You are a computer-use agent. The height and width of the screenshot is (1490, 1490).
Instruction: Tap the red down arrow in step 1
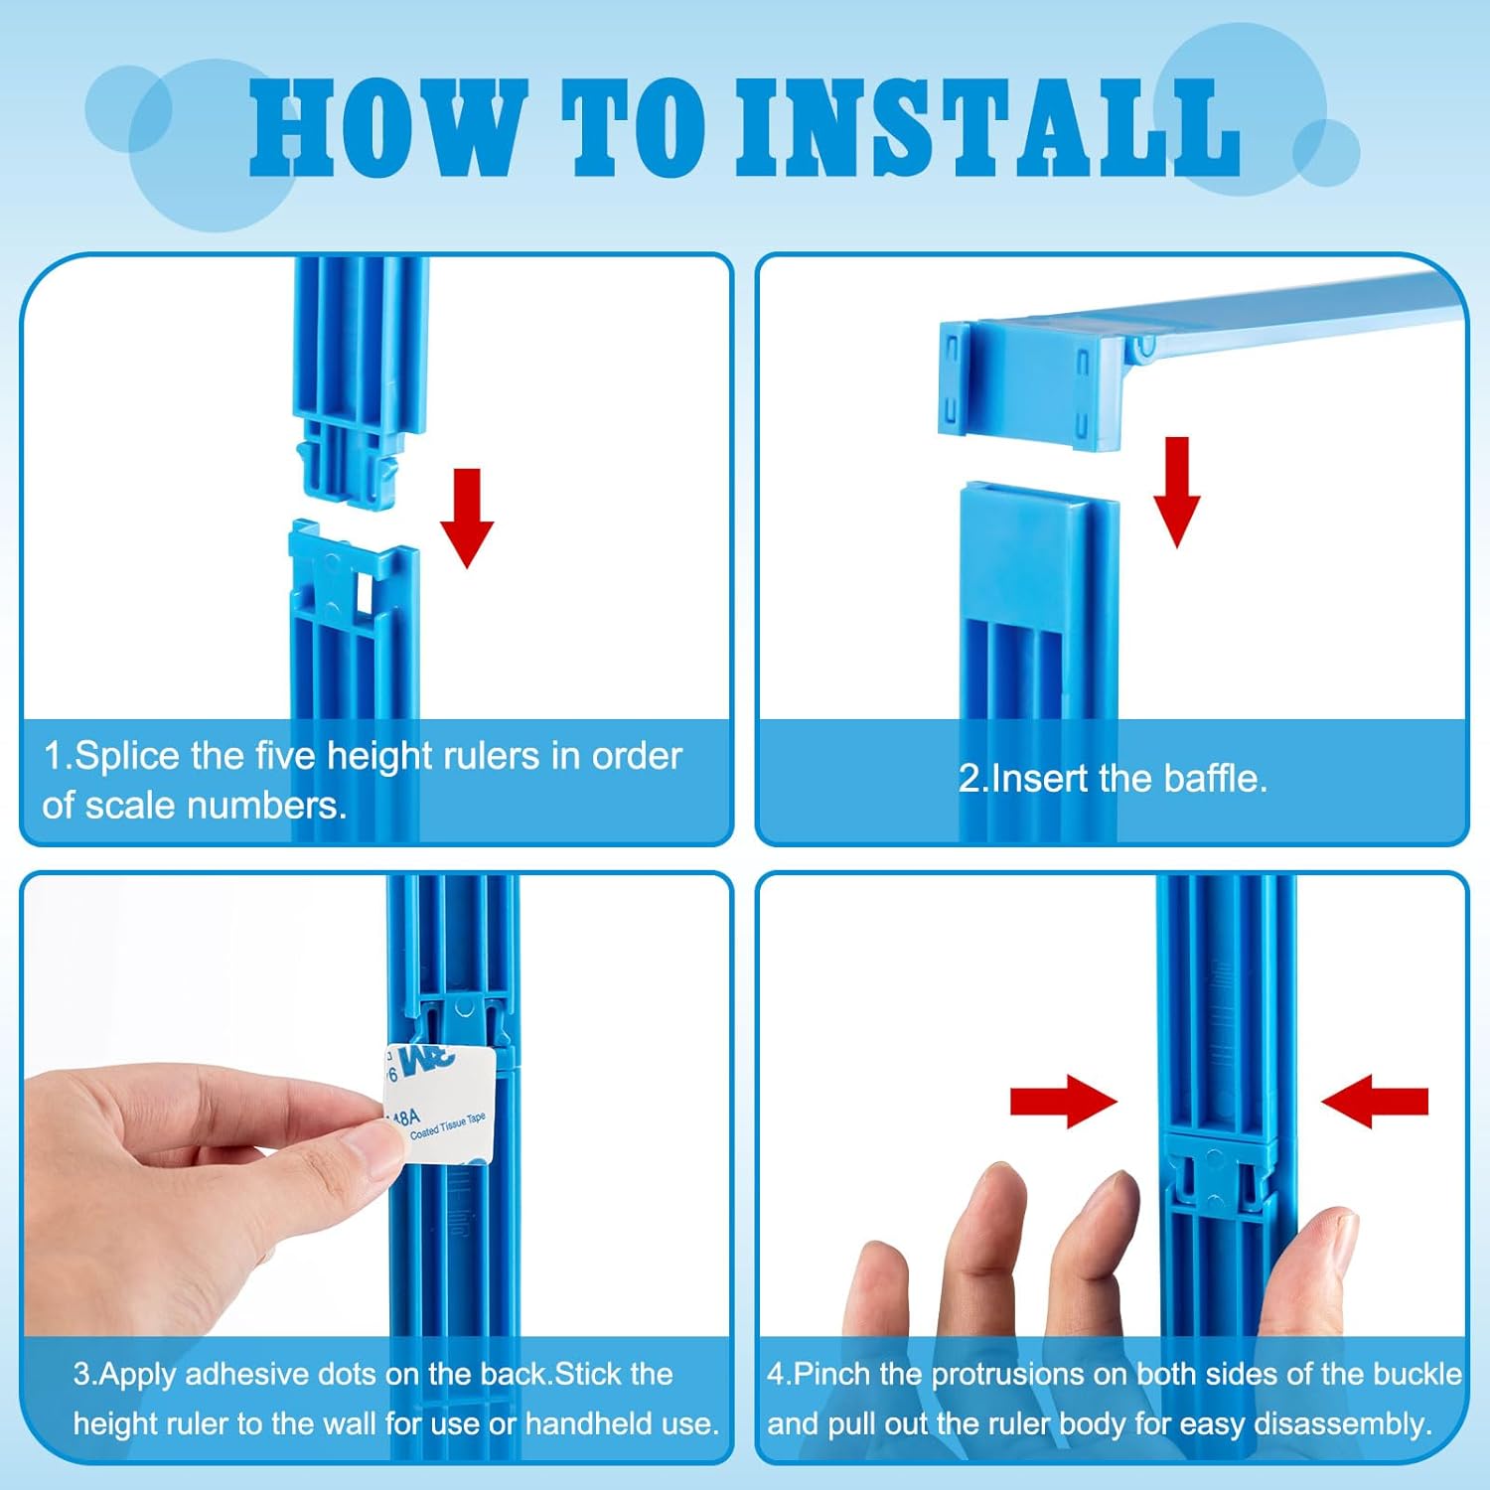pyautogui.click(x=467, y=518)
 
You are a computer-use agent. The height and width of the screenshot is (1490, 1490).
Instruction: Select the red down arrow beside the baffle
pyautogui.click(x=1176, y=492)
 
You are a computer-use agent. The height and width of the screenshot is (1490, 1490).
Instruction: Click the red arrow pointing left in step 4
pyautogui.click(x=1375, y=1101)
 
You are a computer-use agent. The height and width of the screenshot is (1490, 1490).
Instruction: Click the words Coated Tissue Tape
pyautogui.click(x=448, y=1125)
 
